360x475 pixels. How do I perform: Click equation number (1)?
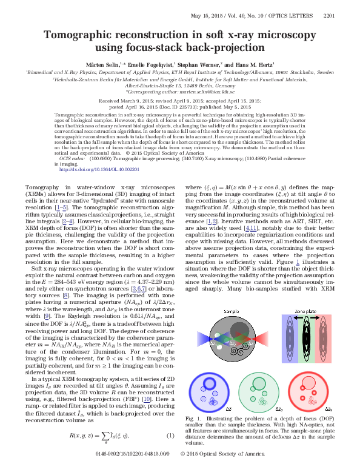coord(170,453)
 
